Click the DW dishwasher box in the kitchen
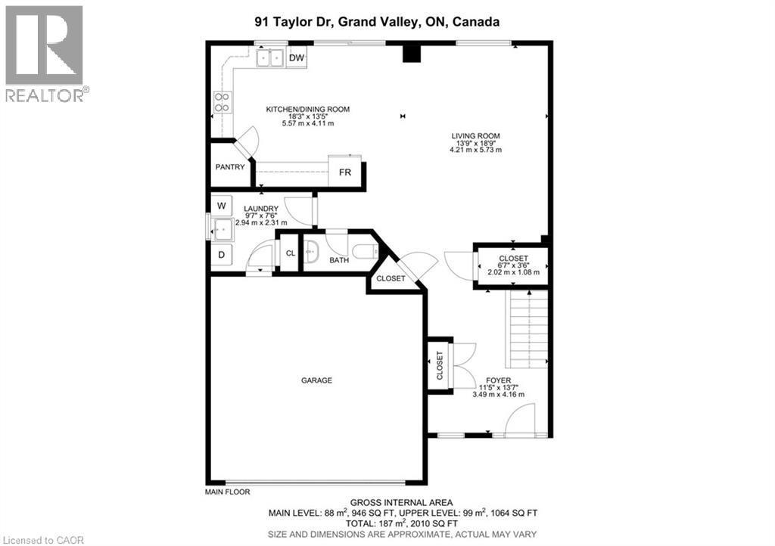297,57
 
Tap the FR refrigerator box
345,172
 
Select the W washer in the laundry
222,205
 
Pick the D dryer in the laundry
222,255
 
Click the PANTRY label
229,167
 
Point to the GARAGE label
316,380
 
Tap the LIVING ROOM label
475,136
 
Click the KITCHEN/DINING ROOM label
307,110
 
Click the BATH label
339,261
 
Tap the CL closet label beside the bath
289,254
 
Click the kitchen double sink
269,57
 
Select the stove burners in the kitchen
223,102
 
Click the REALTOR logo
45,53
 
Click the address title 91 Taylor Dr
377,23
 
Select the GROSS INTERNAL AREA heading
401,502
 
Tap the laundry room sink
222,228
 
